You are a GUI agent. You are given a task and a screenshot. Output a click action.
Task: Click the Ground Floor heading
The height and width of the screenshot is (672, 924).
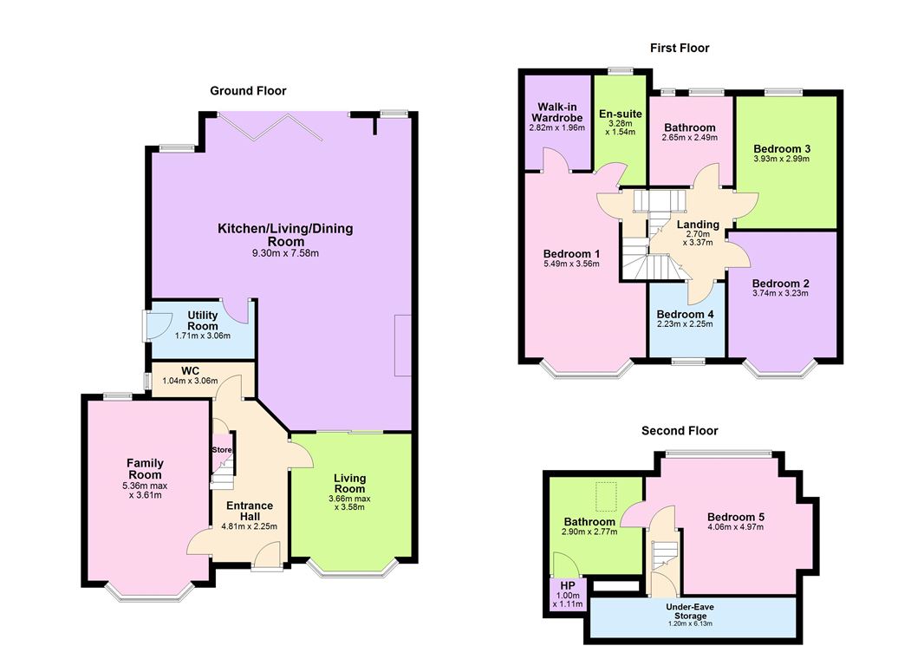point(248,91)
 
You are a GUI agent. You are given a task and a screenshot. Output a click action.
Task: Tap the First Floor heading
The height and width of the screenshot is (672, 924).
point(680,48)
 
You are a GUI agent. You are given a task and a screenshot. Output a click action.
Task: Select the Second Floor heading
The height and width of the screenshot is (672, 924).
point(680,431)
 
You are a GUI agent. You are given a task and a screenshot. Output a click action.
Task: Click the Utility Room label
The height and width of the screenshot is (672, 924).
point(202,321)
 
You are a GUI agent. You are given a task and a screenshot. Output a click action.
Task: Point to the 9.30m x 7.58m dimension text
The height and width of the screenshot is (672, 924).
point(285,253)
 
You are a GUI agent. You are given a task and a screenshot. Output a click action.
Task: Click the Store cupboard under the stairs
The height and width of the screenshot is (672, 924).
point(222,450)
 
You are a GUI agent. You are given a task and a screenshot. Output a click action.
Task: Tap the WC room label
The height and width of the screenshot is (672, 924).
point(190,371)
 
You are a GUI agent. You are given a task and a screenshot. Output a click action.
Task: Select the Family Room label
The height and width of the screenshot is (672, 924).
point(145,468)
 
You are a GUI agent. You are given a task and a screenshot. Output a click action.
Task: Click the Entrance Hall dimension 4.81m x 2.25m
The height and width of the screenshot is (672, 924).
point(250,526)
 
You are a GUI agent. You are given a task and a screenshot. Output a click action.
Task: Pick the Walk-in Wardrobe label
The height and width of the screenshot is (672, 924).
point(556,112)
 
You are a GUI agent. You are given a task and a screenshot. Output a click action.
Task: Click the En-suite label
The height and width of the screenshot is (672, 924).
point(621,114)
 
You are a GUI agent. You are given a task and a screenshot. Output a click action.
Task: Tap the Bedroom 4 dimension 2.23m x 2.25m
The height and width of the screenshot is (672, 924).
point(685,323)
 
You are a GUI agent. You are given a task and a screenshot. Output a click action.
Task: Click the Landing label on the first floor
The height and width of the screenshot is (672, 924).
point(698,225)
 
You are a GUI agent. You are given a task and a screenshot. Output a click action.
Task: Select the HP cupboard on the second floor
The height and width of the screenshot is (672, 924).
point(568,594)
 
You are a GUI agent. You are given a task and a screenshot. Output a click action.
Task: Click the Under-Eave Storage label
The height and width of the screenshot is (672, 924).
point(690,611)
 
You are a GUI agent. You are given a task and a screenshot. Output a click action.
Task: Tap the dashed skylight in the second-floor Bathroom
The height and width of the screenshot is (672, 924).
point(606,496)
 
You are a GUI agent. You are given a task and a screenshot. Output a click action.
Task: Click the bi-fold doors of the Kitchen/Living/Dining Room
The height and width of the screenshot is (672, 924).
point(270,127)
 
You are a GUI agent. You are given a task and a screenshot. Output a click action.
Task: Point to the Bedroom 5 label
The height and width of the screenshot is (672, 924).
point(735,517)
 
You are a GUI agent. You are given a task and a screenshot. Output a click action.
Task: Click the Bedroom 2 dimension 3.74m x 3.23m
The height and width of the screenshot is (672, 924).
point(780,293)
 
